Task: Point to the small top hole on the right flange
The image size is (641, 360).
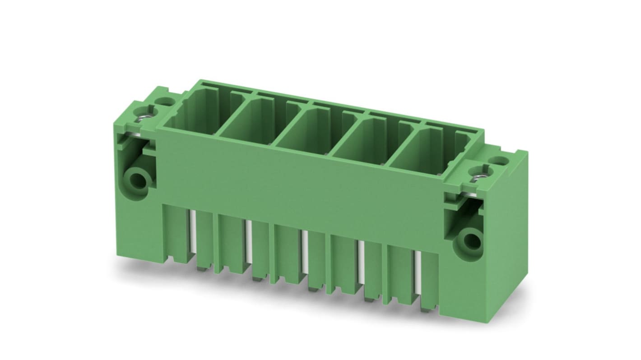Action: [498, 160]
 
